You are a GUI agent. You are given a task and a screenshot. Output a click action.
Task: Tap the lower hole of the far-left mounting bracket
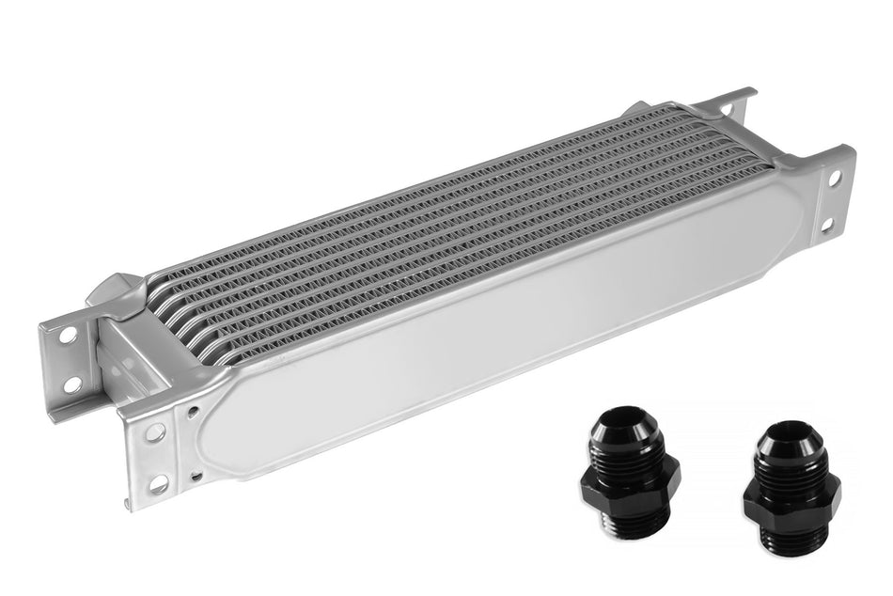point(71,384)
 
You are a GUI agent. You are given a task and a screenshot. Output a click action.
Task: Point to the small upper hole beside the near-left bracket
point(193,411)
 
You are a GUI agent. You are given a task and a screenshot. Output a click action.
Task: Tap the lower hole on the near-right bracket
point(826,225)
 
